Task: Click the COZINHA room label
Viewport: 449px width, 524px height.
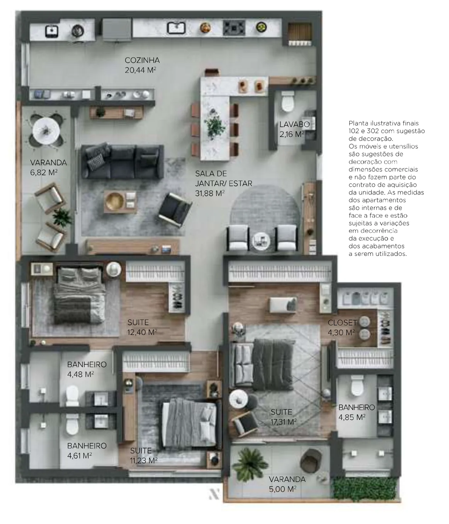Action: click(x=142, y=61)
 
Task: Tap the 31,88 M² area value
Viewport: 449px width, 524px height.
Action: click(x=210, y=193)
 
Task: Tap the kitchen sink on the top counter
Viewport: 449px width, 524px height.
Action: click(x=176, y=28)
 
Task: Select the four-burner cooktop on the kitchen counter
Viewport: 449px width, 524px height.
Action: click(x=233, y=28)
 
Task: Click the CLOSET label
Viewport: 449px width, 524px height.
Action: click(x=342, y=323)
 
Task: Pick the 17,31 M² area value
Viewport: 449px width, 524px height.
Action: click(x=283, y=422)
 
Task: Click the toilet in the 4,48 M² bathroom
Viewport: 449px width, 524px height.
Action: click(x=72, y=395)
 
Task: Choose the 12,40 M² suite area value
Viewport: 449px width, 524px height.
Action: click(x=142, y=332)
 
